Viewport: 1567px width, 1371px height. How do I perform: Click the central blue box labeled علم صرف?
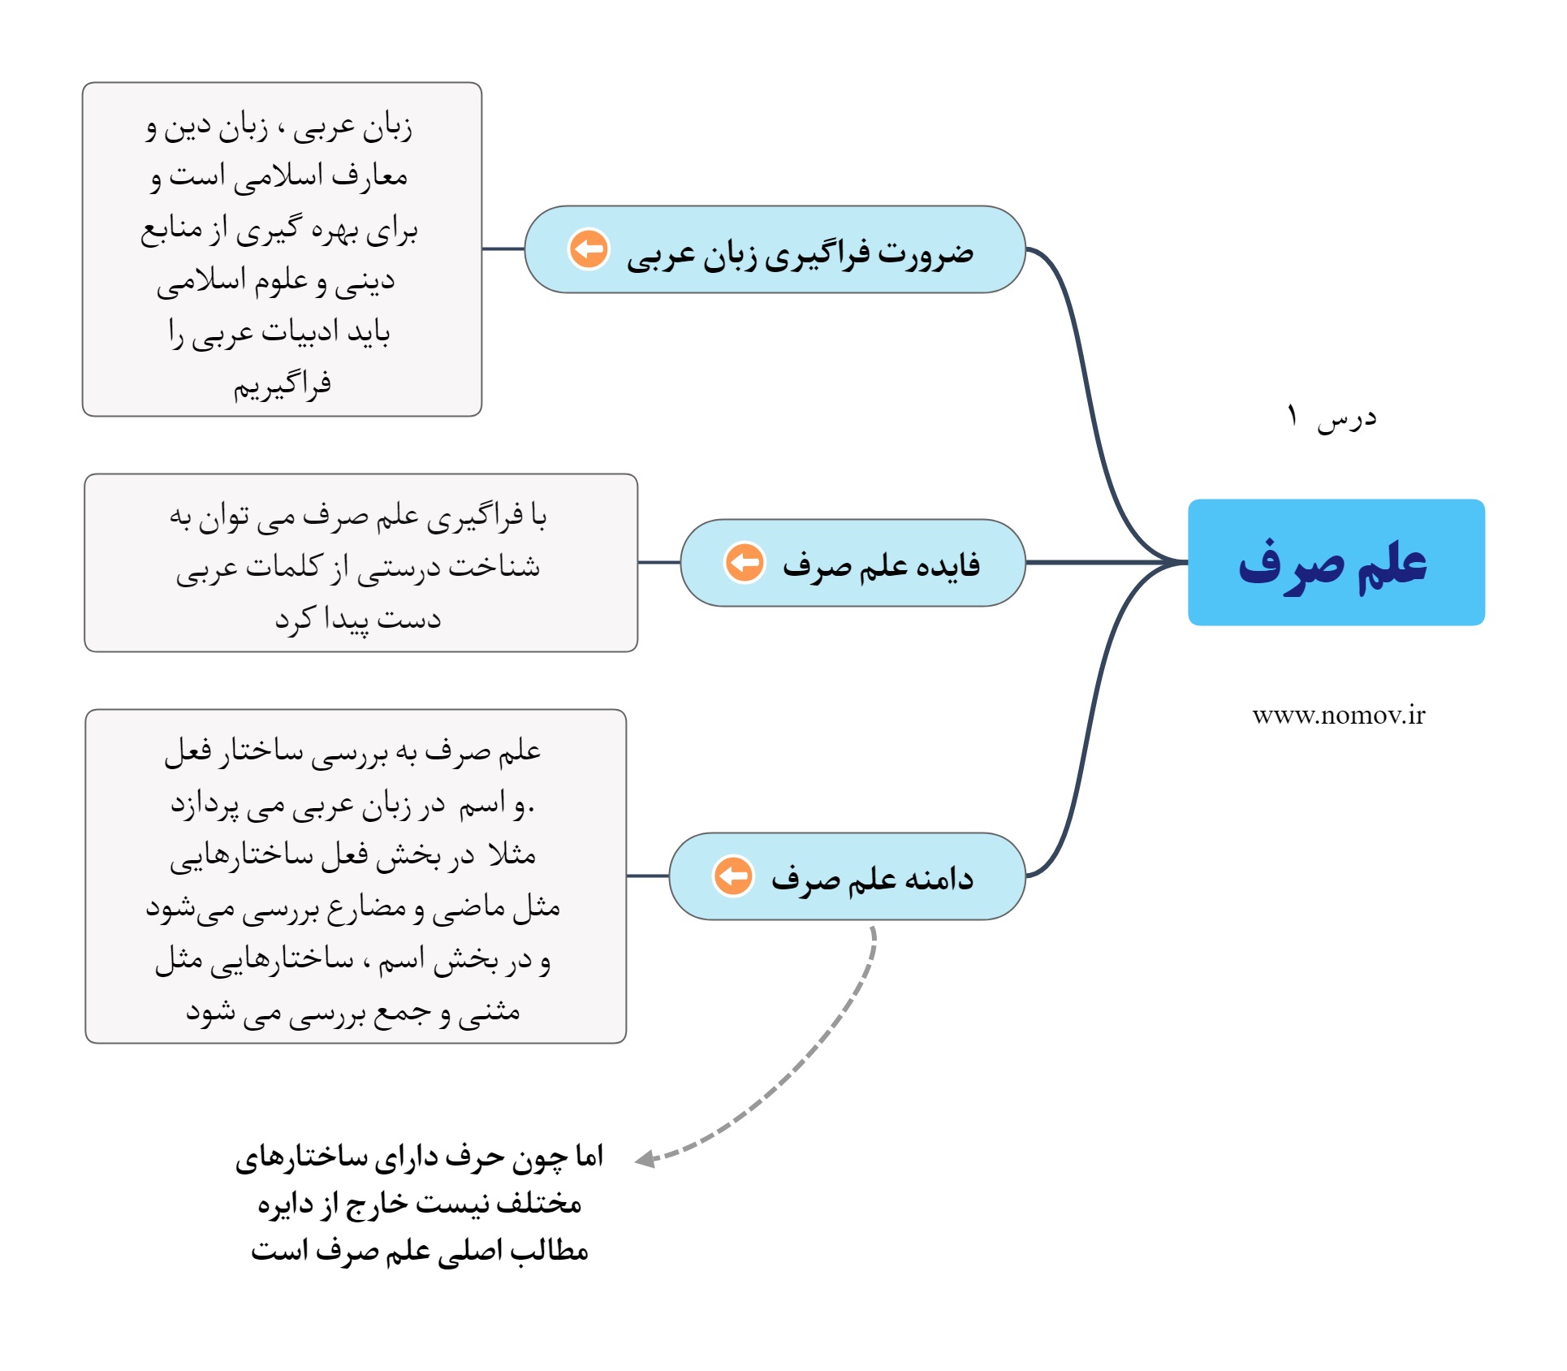click(x=1336, y=562)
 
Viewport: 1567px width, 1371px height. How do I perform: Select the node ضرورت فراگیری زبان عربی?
click(x=775, y=249)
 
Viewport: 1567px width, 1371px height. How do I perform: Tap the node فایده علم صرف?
click(x=853, y=563)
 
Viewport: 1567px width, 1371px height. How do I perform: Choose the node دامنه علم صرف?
click(x=847, y=876)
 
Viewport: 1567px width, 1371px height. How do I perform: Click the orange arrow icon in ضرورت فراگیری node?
click(x=589, y=249)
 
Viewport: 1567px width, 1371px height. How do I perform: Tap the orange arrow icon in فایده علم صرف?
click(x=745, y=562)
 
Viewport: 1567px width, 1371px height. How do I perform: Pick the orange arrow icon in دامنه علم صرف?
click(x=733, y=876)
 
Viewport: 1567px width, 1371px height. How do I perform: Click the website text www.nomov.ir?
click(x=1338, y=716)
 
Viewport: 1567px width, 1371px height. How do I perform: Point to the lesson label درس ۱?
click(x=1332, y=417)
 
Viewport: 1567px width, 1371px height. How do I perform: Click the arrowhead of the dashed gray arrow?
click(x=646, y=1159)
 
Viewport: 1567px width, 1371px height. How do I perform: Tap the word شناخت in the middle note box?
click(x=494, y=566)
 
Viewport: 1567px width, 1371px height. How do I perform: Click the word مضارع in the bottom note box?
click(x=361, y=908)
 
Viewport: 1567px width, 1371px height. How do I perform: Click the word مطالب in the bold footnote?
click(x=549, y=1250)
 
